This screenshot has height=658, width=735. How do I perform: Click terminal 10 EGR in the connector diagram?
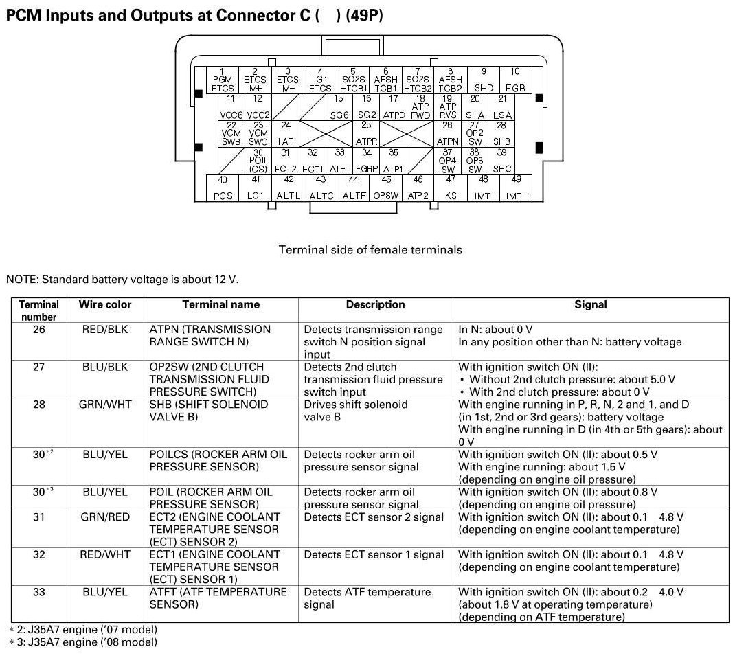515,80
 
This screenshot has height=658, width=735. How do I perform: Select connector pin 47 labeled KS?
451,188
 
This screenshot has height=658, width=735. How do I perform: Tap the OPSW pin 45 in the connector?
386,188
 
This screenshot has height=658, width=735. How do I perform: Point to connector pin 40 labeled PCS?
223,188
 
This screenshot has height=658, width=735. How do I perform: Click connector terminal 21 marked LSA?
502,108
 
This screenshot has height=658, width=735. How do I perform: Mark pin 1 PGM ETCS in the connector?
223,80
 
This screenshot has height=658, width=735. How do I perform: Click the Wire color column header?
105,304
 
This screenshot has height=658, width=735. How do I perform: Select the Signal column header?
591,304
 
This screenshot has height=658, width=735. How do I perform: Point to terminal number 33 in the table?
39,592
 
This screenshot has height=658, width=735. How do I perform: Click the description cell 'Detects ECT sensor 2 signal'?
374,517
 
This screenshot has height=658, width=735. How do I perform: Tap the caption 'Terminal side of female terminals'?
370,250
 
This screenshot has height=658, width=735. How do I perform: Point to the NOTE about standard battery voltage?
127,279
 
